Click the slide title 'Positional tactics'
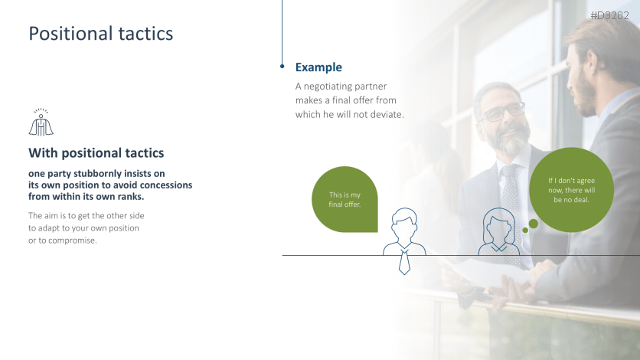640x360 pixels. [x=101, y=34]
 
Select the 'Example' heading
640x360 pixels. [x=318, y=67]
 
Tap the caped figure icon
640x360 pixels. [x=41, y=122]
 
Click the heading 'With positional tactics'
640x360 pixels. [x=96, y=153]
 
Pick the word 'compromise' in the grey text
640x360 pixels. [x=72, y=241]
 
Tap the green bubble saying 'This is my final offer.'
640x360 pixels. [x=345, y=200]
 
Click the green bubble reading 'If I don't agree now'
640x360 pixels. [x=571, y=190]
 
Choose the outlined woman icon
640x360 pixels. [x=499, y=231]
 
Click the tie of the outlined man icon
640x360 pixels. [x=404, y=262]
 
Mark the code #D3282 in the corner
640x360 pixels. [x=610, y=15]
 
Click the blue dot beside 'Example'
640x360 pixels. [x=282, y=66]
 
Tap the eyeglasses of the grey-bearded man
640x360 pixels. [x=502, y=112]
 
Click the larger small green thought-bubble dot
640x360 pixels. [x=533, y=224]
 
